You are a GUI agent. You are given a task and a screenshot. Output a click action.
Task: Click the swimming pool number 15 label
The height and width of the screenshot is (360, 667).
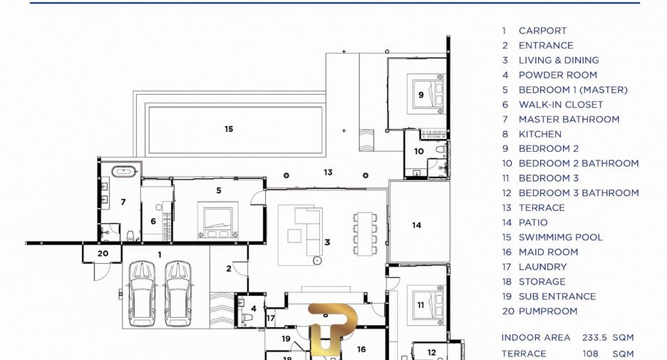[229, 129]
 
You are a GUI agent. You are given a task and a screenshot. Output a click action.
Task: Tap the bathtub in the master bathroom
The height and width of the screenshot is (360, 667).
[124, 172]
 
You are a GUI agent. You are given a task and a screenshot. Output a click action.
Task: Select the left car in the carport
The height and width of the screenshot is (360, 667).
[142, 293]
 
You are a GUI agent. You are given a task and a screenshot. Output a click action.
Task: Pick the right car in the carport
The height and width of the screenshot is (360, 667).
[178, 293]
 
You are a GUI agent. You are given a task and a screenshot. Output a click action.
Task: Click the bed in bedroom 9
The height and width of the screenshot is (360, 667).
[426, 94]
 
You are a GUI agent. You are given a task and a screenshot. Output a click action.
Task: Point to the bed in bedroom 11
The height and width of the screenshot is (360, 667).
[426, 304]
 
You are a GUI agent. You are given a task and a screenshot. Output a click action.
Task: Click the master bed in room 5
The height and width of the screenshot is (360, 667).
[218, 220]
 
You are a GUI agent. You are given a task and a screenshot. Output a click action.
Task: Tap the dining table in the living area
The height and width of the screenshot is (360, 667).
[365, 234]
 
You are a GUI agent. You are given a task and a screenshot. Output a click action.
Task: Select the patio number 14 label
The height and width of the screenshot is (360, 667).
[416, 225]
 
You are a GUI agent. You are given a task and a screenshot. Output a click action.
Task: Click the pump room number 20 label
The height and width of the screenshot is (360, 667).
[103, 254]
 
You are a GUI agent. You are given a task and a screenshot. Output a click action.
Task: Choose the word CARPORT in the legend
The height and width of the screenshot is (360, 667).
[542, 31]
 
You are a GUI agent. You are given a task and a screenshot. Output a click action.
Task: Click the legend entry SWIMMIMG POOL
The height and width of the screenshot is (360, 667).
[560, 237]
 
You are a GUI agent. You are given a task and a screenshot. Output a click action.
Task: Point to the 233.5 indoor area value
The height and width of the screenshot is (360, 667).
[594, 337]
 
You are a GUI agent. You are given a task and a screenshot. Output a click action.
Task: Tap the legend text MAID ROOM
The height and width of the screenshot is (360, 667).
[548, 252]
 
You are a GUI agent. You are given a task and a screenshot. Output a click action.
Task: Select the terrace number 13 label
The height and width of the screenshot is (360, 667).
[328, 173]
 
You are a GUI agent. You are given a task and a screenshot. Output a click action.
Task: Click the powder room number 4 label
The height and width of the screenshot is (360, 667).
[254, 309]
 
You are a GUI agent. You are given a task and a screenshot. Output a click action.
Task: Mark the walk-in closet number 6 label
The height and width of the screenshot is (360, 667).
[153, 221]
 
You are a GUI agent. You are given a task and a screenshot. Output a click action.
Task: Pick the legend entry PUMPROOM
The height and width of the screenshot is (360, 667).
[548, 311]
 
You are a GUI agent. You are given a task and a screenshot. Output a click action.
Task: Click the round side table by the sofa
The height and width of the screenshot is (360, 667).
[317, 260]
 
